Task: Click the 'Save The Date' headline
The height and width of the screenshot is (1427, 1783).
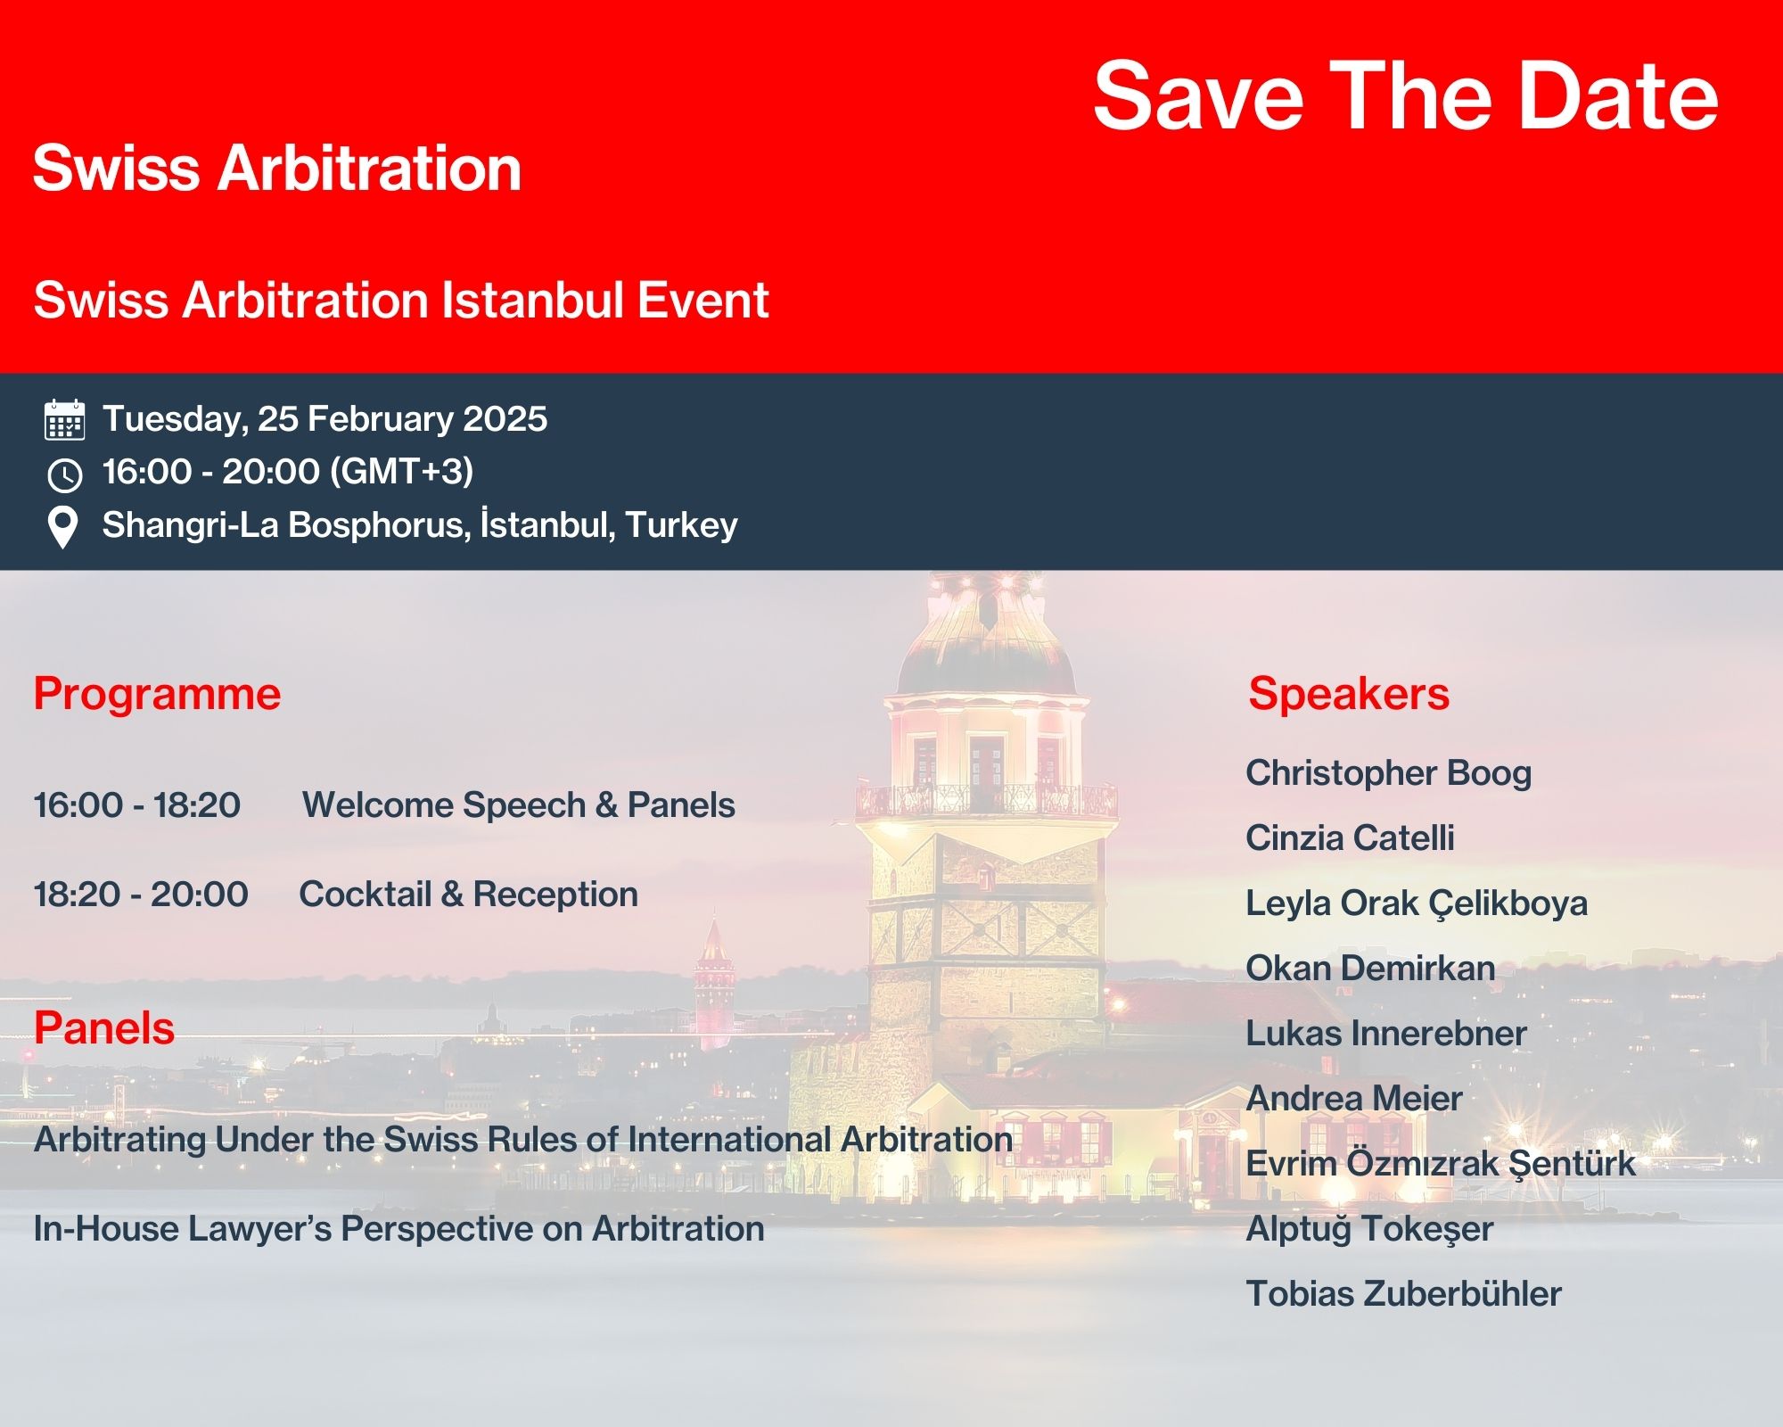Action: (1406, 95)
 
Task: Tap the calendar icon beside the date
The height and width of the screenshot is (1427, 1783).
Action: (65, 420)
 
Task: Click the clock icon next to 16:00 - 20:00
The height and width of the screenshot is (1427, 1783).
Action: (65, 474)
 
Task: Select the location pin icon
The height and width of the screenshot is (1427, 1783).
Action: (62, 527)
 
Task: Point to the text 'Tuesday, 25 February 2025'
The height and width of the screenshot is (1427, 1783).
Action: (325, 419)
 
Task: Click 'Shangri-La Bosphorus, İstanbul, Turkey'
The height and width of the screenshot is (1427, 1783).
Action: (420, 524)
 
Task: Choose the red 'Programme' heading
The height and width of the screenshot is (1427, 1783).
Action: (157, 694)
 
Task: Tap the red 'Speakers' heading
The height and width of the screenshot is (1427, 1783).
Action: (1349, 693)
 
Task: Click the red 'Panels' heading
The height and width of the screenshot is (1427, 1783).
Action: (104, 1027)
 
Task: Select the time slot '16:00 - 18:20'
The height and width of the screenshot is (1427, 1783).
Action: (137, 804)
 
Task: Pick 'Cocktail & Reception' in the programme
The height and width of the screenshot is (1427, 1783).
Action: (469, 894)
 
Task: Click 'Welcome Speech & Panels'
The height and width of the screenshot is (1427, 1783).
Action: (519, 804)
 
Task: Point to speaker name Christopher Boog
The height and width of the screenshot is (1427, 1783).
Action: (1389, 773)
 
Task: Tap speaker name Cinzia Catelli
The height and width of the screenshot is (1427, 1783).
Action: (1350, 837)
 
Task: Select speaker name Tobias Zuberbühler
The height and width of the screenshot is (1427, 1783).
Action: (1404, 1293)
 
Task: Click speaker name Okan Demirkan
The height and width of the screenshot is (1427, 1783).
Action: (1370, 968)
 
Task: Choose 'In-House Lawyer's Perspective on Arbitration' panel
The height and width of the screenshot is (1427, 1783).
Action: (399, 1229)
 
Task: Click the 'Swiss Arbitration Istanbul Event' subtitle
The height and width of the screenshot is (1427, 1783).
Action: (401, 300)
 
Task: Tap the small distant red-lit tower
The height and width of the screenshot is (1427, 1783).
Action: (713, 981)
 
